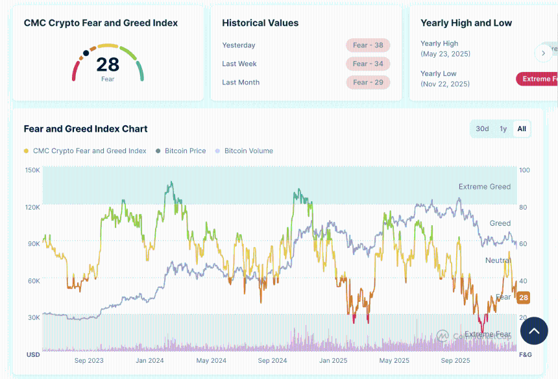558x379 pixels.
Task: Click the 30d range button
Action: click(482, 128)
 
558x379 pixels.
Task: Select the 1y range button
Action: click(503, 128)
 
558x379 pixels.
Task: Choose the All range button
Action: click(522, 128)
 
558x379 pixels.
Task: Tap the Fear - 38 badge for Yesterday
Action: click(368, 45)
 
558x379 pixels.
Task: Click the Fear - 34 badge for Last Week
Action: click(368, 64)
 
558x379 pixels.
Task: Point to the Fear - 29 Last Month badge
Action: click(368, 82)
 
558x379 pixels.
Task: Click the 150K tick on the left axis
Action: click(32, 170)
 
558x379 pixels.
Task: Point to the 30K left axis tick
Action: click(33, 317)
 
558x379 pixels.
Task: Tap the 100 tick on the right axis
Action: click(524, 170)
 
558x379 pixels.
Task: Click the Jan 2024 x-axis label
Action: click(149, 360)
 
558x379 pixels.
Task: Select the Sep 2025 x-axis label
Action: click(455, 360)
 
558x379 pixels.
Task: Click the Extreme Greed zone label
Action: click(485, 187)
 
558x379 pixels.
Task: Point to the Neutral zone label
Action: click(498, 260)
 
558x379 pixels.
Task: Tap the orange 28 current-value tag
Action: click(524, 298)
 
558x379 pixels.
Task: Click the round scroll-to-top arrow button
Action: click(534, 331)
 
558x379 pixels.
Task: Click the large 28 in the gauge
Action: click(108, 64)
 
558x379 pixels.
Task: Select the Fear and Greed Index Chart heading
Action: click(86, 128)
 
